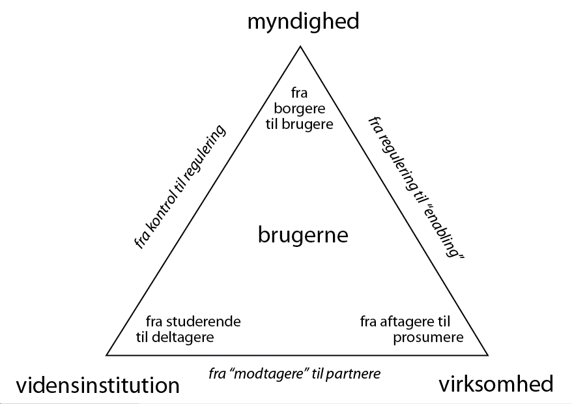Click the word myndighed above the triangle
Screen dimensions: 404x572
[303, 22]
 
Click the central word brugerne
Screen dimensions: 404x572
[303, 235]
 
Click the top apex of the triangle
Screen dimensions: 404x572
[300, 47]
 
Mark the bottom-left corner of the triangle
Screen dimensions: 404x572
[107, 355]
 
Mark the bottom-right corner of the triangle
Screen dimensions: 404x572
[488, 355]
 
